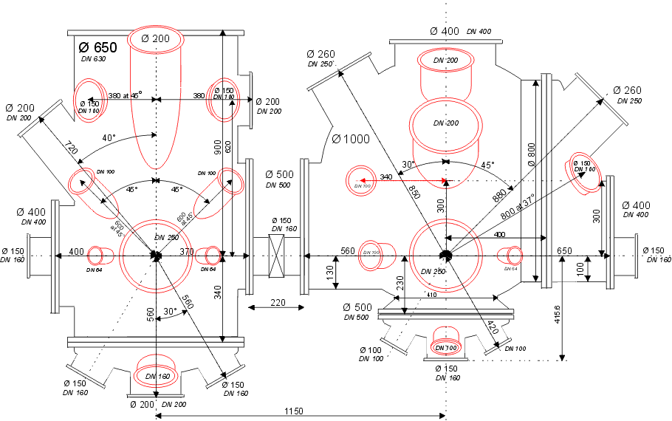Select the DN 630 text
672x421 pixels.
92,58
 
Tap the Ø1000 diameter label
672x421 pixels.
349,139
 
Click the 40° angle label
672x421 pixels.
109,137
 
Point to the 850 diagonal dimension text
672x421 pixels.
413,190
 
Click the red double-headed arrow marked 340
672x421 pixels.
402,179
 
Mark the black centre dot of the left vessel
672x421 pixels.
156,256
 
